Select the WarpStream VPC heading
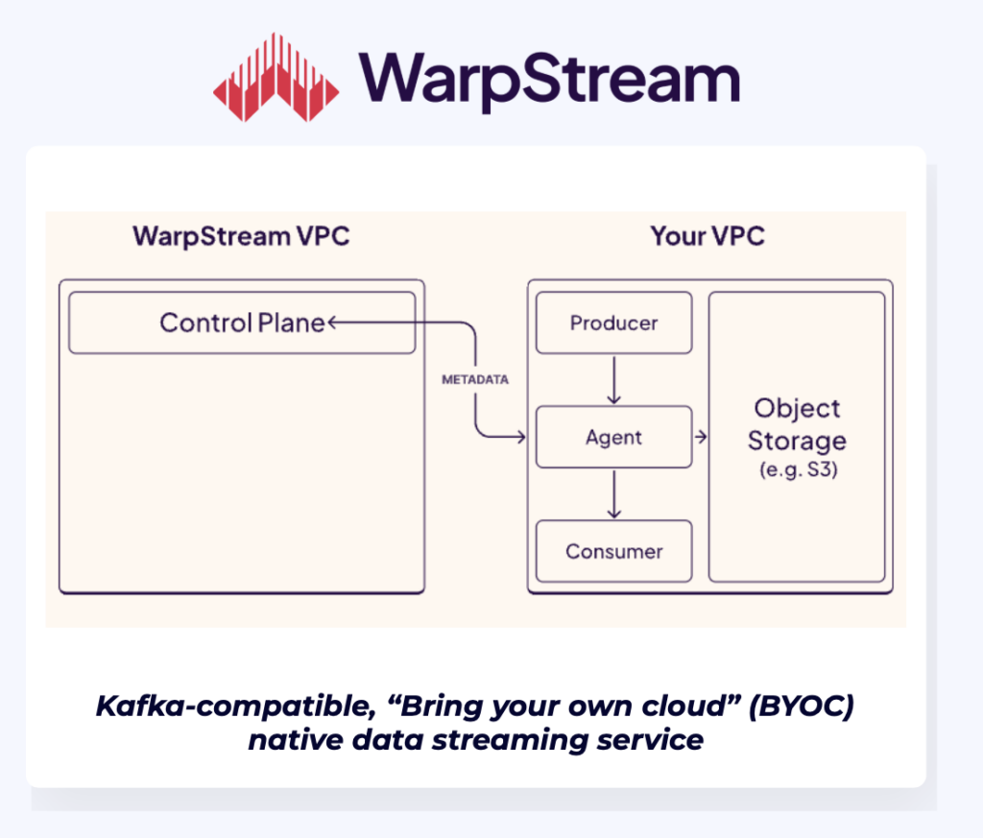(241, 236)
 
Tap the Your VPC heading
(707, 236)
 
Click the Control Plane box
(242, 323)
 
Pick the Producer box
(613, 323)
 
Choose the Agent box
(613, 438)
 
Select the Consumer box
(613, 552)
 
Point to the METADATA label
(475, 380)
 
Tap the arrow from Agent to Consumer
(614, 493)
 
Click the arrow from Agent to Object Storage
(701, 438)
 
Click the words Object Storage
(797, 424)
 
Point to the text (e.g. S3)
(797, 470)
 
